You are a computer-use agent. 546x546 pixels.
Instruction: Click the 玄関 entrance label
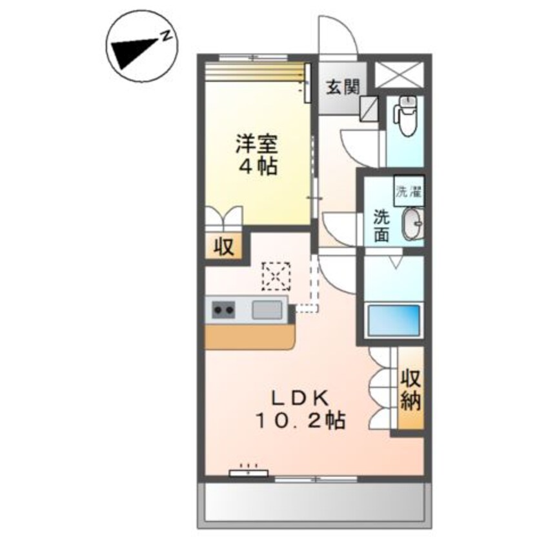click(338, 86)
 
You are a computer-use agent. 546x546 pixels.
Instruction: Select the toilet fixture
click(407, 116)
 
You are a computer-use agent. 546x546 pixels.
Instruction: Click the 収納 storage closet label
click(411, 390)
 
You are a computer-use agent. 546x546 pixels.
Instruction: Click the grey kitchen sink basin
click(267, 310)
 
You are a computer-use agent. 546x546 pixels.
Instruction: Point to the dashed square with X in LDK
click(277, 276)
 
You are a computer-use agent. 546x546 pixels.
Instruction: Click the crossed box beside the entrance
click(399, 76)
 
